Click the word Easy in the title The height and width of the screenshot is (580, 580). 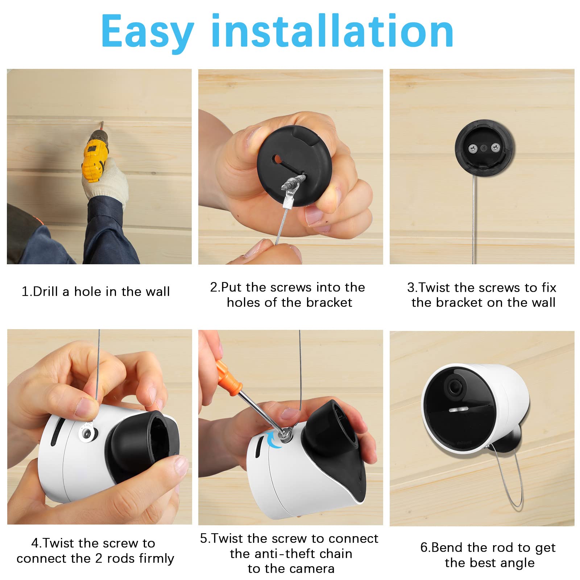147,32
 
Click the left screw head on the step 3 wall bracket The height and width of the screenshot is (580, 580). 472,148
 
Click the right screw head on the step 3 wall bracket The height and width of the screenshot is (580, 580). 495,148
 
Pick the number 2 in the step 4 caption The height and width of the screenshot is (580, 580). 98,558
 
